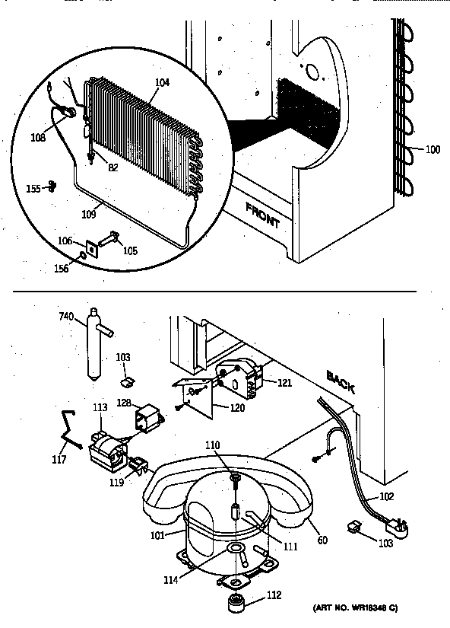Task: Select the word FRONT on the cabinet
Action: click(x=262, y=216)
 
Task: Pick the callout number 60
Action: click(x=322, y=540)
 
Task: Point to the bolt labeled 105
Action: click(x=110, y=240)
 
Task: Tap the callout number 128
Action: click(x=124, y=403)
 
